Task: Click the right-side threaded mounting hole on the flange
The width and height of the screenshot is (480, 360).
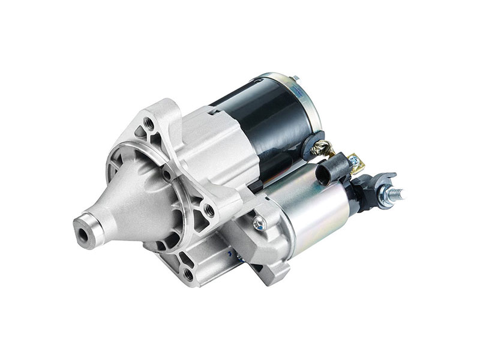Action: (209, 210)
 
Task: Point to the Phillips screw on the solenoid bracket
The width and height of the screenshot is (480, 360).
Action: (259, 224)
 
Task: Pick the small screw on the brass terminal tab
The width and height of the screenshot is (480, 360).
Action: (356, 161)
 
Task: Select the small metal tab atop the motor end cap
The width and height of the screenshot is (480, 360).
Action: (294, 77)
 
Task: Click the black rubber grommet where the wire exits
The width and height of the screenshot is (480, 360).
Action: (312, 142)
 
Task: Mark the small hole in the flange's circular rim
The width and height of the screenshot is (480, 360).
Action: (167, 175)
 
